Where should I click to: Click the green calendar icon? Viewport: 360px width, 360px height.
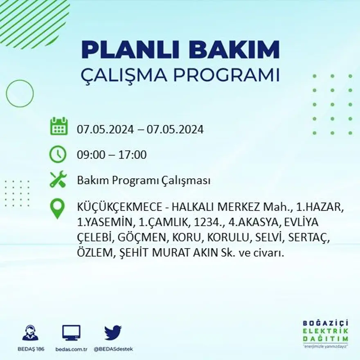[59, 126]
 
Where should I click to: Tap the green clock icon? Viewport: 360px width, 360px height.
[58, 154]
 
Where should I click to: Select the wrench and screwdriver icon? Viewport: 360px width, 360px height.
[58, 180]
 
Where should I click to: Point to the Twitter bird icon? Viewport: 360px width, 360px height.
[112, 332]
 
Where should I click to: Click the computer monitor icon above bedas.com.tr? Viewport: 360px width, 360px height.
[71, 333]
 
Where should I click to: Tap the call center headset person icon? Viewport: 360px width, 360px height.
[30, 333]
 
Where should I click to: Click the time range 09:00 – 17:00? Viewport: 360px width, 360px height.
[112, 155]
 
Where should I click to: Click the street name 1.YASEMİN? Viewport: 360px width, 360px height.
[106, 223]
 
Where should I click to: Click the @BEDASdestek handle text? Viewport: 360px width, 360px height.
[113, 349]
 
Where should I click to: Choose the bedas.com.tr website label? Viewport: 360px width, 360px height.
[72, 349]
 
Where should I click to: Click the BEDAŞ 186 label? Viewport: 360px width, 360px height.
[31, 349]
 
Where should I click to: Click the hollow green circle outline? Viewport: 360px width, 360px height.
[20, 94]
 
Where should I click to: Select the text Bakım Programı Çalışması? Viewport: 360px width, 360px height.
[144, 180]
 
